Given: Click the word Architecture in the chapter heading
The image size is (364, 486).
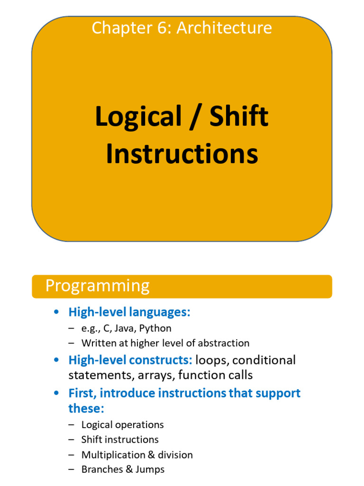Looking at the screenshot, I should click(x=224, y=28).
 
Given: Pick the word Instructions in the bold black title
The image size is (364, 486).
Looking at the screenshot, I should click(x=182, y=154).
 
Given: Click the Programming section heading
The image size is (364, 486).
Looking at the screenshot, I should click(x=97, y=286).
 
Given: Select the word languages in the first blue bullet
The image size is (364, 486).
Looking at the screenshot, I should click(x=161, y=312).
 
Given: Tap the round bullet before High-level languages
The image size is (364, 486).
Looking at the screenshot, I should click(x=57, y=312).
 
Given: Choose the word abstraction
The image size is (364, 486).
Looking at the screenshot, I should click(x=224, y=343).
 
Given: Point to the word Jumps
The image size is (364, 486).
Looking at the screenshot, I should click(x=149, y=469).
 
